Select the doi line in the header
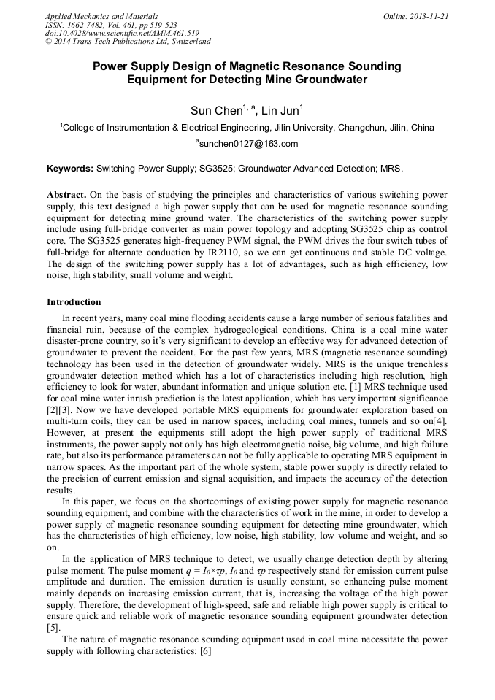tap(122, 34)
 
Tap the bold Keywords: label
tap(70, 169)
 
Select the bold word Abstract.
tap(66, 196)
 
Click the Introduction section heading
tap(74, 301)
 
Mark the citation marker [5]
tap(53, 627)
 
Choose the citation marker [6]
tap(204, 650)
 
